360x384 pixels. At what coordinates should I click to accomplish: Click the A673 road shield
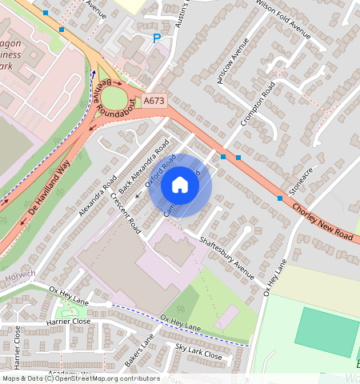154,101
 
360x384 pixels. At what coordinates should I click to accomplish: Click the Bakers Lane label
138,346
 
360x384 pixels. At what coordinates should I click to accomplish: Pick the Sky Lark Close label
198,351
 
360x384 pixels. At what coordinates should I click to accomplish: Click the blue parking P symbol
156,38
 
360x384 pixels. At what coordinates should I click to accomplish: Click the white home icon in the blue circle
180,186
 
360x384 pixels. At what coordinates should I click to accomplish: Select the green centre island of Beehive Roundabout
114,98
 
